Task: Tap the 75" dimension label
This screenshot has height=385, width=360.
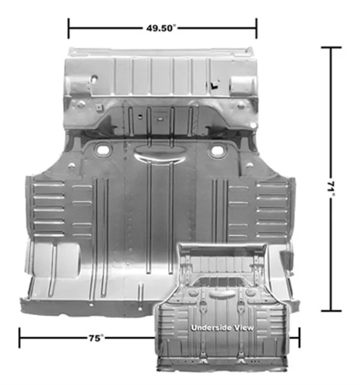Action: coord(96,338)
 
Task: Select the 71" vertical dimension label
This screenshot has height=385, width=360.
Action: coord(331,189)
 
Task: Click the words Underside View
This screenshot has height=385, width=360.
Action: coord(222,327)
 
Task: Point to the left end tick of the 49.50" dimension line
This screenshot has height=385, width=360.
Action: coord(68,28)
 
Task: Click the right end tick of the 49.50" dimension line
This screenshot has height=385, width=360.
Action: coord(256,28)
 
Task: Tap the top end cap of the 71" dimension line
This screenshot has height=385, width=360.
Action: coord(331,47)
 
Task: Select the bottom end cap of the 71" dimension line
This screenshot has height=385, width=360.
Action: coord(331,311)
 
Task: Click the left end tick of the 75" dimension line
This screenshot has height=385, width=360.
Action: coord(20,338)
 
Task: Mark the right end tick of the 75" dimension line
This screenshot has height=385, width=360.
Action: coord(299,338)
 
